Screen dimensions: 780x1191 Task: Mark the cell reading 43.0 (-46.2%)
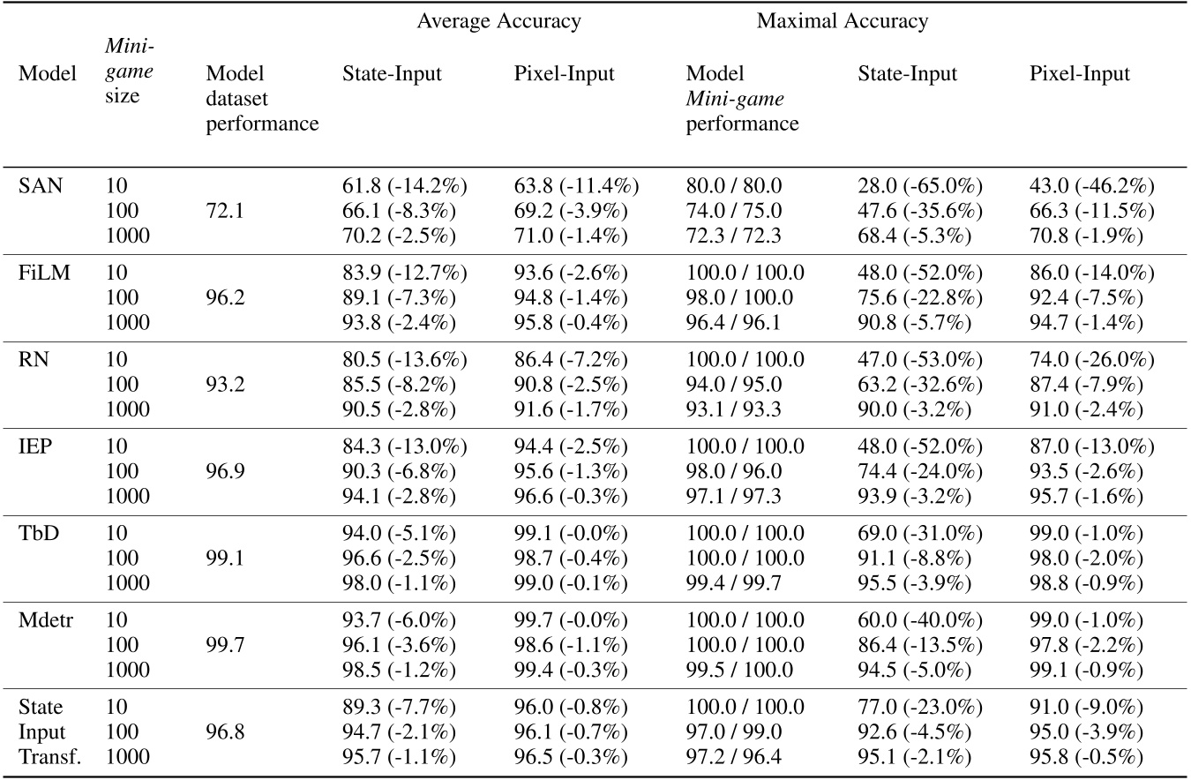(x=1092, y=187)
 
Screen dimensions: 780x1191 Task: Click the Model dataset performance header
(x=262, y=98)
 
